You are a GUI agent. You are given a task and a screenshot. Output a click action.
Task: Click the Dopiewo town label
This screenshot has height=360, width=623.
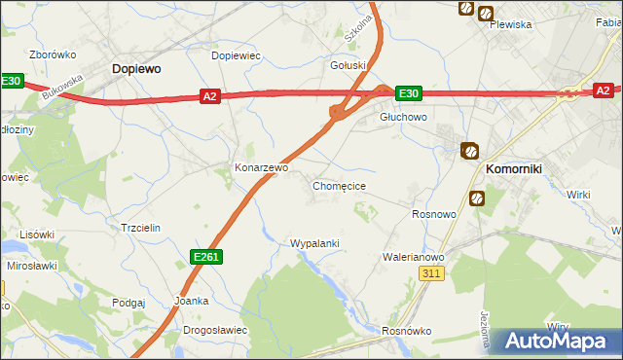136,69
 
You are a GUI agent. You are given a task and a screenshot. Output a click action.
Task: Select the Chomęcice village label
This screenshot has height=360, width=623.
339,185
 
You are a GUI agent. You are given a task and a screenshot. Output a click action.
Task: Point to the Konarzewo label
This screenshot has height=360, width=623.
261,167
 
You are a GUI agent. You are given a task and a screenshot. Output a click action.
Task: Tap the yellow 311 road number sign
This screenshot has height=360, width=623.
433,275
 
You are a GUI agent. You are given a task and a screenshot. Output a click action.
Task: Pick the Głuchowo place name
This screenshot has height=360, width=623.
403,117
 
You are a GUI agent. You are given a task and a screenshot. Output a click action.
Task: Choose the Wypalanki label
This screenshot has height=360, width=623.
314,243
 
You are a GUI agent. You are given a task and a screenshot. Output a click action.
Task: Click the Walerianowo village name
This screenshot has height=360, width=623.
413,257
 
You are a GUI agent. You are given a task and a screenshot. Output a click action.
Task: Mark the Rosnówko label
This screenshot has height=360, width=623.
406,331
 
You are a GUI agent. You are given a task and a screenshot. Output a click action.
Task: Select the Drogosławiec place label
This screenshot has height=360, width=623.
214,331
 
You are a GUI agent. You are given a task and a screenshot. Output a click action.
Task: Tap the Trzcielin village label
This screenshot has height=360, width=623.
140,228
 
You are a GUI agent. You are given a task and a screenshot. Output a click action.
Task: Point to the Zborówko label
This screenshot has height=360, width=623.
54,54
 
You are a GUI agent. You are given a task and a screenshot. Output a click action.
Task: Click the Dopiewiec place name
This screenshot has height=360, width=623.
237,55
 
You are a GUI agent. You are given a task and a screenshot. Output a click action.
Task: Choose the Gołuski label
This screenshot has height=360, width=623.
348,65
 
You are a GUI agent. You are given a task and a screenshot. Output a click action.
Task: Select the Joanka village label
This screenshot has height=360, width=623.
191,301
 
